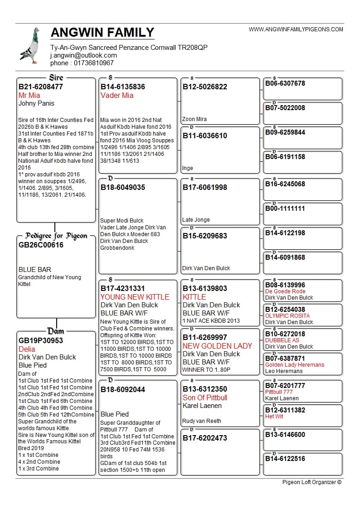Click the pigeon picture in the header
tap(30, 45)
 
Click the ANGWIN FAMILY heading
tap(102, 33)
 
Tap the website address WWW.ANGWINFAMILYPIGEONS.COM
tap(296, 29)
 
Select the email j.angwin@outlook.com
tap(83, 55)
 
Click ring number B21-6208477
tap(41, 87)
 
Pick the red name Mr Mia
tap(29, 95)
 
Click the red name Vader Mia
tap(117, 95)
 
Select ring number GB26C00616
tap(41, 245)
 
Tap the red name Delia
tap(27, 349)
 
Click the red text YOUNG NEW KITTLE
tap(135, 297)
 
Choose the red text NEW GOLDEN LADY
tap(217, 346)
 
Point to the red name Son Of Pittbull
tap(205, 398)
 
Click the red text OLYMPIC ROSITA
tap(287, 316)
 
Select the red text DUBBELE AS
tap(282, 340)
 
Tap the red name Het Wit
tap(274, 417)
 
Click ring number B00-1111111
tap(285, 208)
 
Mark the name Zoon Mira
tap(195, 119)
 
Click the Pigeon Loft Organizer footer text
tap(311, 482)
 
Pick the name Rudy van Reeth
tap(202, 421)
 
